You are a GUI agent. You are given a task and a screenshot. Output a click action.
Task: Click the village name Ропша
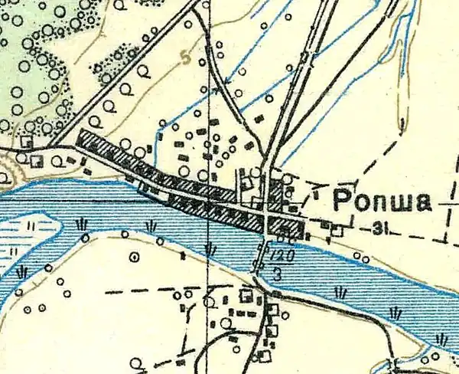[x=379, y=202]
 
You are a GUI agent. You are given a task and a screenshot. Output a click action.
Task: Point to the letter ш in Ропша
[x=403, y=203]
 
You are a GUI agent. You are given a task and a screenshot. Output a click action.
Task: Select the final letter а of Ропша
[x=422, y=203]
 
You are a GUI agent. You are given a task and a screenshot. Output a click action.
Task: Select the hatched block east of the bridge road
[x=285, y=226]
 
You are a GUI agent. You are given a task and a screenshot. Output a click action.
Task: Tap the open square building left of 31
[x=337, y=228]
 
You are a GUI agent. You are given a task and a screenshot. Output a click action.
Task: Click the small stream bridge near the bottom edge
[x=395, y=360]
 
